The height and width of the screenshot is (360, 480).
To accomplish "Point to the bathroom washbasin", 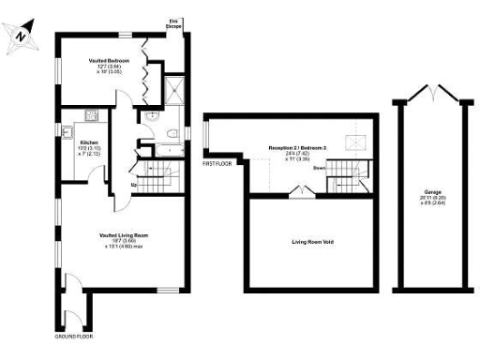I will click(152, 115).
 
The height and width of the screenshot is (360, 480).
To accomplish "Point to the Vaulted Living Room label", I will click(123, 239).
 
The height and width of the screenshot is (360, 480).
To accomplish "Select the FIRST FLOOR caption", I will click(217, 163).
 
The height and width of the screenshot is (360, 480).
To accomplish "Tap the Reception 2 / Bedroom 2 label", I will click(297, 153).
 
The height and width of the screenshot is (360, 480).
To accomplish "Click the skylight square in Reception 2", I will click(357, 142).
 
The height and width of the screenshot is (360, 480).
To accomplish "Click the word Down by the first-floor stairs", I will click(319, 169).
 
